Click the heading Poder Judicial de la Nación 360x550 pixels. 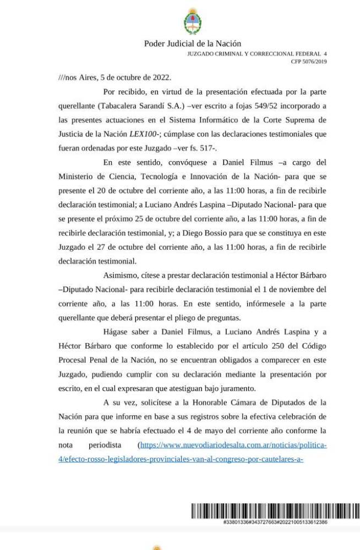(192, 44)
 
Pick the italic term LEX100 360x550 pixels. (143, 134)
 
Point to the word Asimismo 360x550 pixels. (121, 276)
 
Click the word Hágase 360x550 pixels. (118, 332)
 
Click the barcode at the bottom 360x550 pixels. (275, 512)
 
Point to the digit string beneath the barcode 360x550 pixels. (275, 522)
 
